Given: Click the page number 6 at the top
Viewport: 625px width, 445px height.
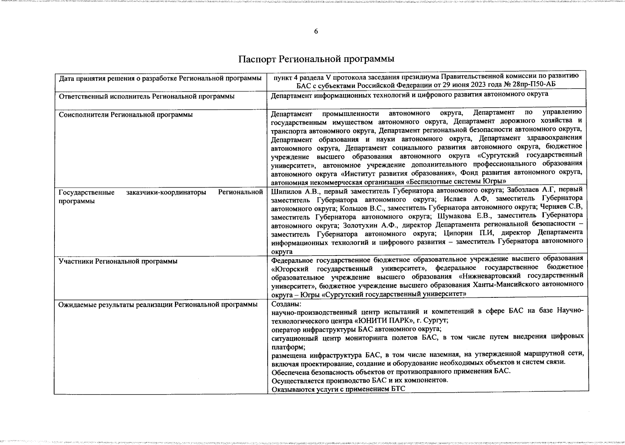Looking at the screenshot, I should (x=316, y=32).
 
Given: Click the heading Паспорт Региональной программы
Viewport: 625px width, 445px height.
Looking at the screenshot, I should (x=316, y=59).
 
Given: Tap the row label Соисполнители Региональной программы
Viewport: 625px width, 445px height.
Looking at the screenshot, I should (x=126, y=115).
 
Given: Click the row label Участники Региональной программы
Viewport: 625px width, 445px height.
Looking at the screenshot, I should (x=118, y=261).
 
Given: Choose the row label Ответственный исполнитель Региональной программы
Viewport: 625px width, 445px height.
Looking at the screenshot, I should (x=146, y=96).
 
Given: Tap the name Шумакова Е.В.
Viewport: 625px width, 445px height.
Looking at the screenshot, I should (x=465, y=216).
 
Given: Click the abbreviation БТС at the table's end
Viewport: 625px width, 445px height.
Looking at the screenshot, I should (x=398, y=389).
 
